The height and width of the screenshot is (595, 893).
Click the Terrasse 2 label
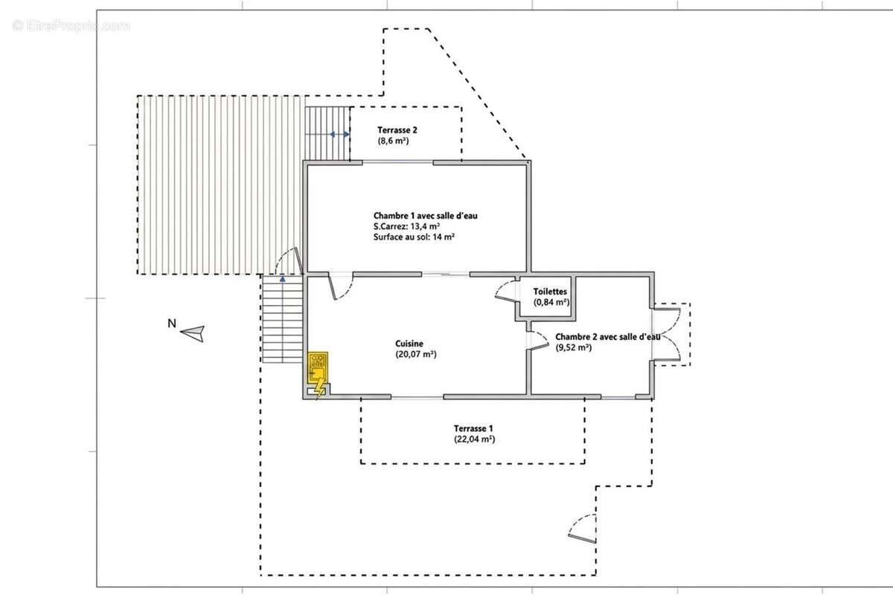point(397,130)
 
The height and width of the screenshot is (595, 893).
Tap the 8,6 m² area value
point(393,141)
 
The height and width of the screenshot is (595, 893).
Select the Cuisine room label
point(409,343)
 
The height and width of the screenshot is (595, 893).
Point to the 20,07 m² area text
point(416,354)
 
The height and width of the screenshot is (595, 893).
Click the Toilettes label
point(550,292)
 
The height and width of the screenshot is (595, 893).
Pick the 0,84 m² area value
point(551,302)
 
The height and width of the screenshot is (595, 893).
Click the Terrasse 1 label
point(473,428)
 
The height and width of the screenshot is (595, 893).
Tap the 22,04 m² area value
point(475,439)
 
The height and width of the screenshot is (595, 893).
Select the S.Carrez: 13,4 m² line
point(406,226)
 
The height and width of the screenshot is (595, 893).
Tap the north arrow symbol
point(193,333)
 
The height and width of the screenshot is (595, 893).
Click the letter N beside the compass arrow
point(172,324)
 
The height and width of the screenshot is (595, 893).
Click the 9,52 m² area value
point(573,347)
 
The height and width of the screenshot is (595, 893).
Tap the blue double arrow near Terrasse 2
point(339,135)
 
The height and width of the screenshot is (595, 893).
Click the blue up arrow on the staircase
point(283,279)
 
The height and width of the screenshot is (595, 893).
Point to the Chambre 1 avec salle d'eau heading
point(426,216)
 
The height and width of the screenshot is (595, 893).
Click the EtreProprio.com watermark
point(71,26)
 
